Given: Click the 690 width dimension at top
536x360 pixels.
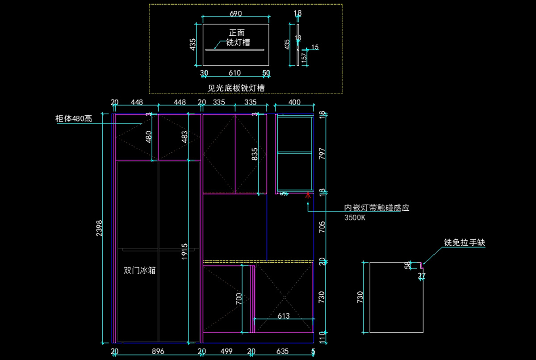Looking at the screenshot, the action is click(235, 14).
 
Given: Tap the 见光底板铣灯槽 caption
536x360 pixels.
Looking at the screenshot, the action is click(236, 88).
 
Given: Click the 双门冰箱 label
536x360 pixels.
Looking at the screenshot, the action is click(139, 271).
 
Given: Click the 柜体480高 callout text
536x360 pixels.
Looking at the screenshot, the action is click(74, 118).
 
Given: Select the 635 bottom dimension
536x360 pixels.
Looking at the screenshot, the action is click(282, 352).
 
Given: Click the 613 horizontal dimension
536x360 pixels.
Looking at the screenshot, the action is click(283, 316).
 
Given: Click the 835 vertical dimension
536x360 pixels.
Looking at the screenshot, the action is click(255, 154).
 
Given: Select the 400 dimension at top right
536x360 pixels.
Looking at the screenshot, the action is click(294, 103).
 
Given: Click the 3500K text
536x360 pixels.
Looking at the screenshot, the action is click(355, 218).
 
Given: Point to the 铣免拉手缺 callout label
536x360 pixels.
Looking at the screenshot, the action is click(464, 243).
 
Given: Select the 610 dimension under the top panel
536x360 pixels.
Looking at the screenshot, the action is click(235, 73).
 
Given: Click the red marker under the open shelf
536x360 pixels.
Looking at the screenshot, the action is click(307, 195).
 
